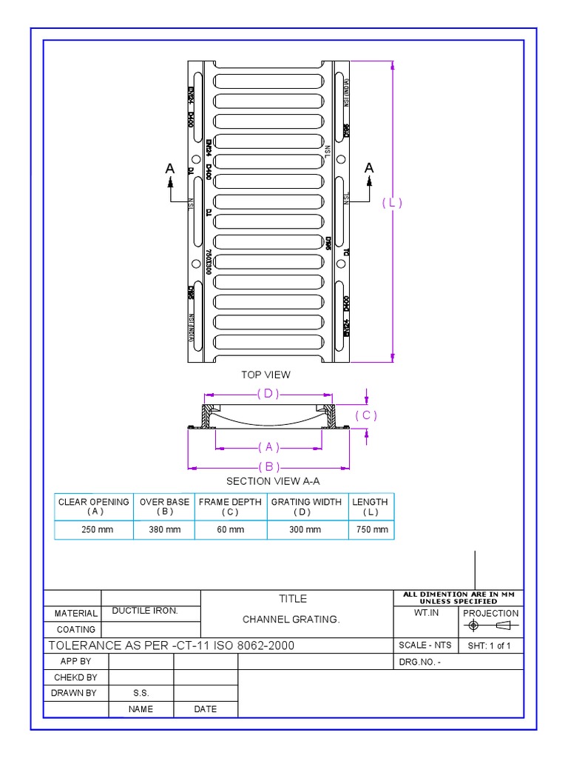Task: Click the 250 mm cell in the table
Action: coord(94,530)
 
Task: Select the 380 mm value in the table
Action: coord(164,530)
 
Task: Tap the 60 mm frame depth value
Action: coord(230,530)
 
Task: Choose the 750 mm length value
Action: coord(371,530)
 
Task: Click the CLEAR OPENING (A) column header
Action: coord(94,506)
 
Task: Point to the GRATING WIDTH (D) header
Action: coord(307,506)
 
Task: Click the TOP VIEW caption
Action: coord(266,375)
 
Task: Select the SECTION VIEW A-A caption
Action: coord(272,481)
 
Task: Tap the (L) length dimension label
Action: coord(392,203)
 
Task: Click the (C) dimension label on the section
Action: coord(366,415)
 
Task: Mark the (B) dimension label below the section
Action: coord(269,466)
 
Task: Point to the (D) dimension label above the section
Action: coord(268,394)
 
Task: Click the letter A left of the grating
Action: coord(170,169)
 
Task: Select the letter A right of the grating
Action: coord(369,168)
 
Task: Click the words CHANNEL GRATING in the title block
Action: coord(291,620)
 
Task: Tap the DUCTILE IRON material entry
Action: coord(145,611)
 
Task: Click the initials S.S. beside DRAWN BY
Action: coord(141,694)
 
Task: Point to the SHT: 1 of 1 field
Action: coord(490,645)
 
